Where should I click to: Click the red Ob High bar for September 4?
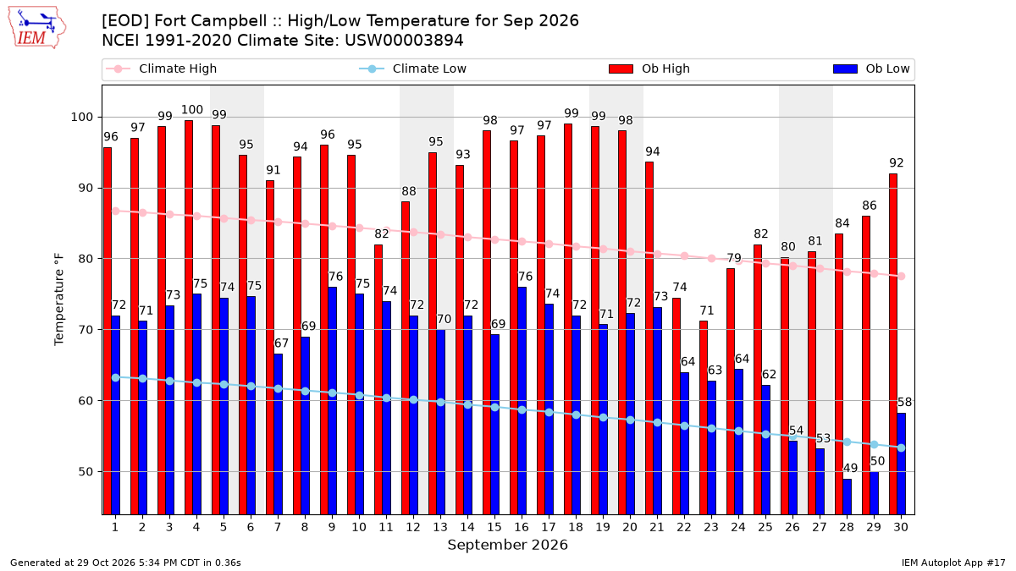click(189, 318)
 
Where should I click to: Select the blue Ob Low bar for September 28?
click(847, 497)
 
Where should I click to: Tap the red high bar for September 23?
click(704, 418)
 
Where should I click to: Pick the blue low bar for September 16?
click(522, 401)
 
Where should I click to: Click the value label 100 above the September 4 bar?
click(192, 110)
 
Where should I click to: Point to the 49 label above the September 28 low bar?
click(850, 468)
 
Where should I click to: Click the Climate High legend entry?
click(161, 69)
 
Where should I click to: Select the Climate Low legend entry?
click(413, 69)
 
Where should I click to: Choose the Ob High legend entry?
click(649, 69)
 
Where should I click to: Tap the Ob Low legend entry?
click(871, 69)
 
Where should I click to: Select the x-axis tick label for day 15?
click(494, 527)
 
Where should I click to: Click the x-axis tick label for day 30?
click(901, 527)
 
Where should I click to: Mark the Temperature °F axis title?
click(59, 300)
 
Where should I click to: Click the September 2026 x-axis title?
click(507, 545)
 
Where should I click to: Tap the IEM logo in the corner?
click(37, 28)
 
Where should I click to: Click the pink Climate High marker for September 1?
click(116, 211)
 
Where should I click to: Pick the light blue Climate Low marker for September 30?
click(901, 447)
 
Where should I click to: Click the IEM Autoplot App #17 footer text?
click(953, 563)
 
